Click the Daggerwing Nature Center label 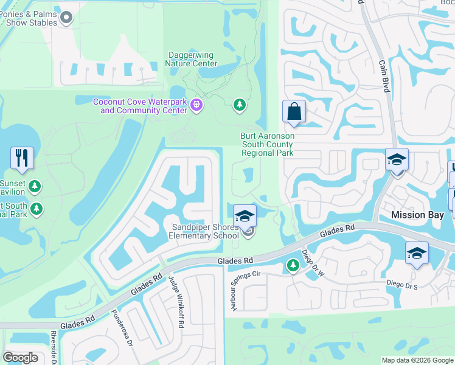pos(192,59)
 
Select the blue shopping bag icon pos(294,112)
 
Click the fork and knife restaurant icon pos(22,158)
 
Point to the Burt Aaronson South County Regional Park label pos(268,145)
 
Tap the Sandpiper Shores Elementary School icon pos(245,217)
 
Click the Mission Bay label pos(417,215)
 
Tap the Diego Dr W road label pos(311,262)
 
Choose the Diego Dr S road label pos(403,283)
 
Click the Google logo pos(21,357)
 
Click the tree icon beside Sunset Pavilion pos(36,185)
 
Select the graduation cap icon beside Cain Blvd pos(397,161)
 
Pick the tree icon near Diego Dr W pos(293,265)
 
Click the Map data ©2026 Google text pos(417,360)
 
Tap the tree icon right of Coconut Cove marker pos(240,105)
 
